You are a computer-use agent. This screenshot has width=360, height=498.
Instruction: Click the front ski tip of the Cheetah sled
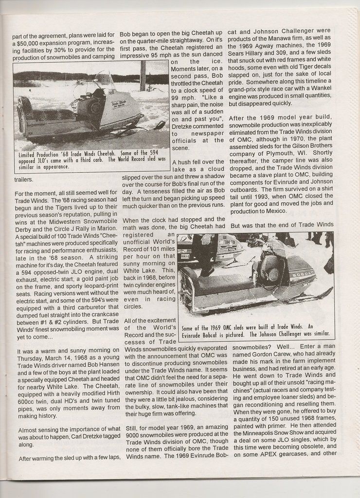(x=160, y=125)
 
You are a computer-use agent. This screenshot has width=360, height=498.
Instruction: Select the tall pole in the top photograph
(x=143, y=75)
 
